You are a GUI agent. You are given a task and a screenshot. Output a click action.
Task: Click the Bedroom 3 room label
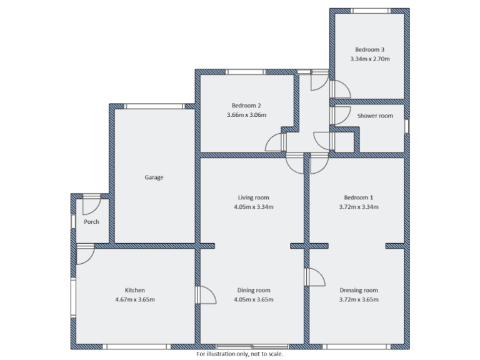(369, 49)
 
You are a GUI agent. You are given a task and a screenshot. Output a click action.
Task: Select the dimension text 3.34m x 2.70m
(369, 59)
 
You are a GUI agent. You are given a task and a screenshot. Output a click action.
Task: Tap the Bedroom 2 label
(246, 105)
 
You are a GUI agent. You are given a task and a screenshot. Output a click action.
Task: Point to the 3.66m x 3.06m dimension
(246, 115)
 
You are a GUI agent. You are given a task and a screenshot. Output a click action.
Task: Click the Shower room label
(375, 116)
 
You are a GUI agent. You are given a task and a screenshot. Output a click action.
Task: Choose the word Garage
(154, 177)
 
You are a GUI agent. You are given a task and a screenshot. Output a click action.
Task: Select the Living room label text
(253, 197)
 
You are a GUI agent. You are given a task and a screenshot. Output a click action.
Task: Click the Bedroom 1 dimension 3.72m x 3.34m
(358, 207)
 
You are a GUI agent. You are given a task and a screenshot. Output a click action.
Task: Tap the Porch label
(92, 221)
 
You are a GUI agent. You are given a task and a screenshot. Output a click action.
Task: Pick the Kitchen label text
(135, 290)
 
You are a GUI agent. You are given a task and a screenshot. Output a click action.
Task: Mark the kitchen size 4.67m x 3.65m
(135, 300)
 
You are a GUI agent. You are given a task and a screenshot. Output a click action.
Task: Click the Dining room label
(254, 290)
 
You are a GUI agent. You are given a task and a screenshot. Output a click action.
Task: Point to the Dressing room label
(359, 290)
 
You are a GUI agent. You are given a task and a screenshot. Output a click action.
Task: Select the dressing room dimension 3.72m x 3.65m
(359, 300)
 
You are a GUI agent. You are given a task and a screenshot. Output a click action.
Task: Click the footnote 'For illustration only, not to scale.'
(241, 354)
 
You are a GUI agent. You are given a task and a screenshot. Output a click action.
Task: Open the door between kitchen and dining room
(205, 295)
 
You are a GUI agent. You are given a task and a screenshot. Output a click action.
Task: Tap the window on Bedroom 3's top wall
(369, 10)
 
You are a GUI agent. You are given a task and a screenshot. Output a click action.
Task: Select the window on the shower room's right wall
(406, 126)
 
